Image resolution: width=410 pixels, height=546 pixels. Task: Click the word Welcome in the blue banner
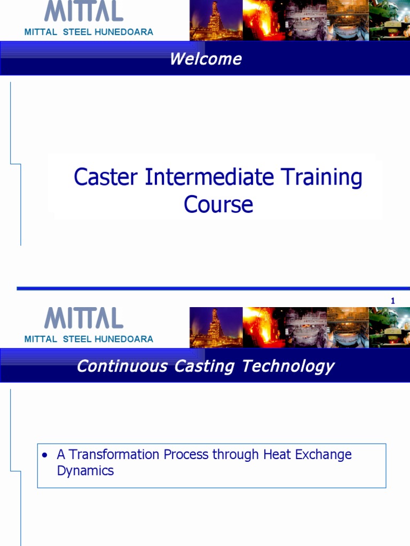(x=206, y=59)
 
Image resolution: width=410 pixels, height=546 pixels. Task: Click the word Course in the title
(x=218, y=204)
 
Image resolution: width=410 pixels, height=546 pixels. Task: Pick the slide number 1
(x=393, y=301)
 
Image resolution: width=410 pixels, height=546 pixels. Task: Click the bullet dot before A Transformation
(x=45, y=455)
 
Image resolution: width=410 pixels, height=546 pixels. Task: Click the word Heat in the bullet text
(x=275, y=455)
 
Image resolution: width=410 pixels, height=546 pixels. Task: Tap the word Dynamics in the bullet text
(x=85, y=471)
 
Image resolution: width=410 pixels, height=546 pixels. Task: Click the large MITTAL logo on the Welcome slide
(x=83, y=11)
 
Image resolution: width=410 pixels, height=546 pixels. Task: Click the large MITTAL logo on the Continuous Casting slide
(x=83, y=318)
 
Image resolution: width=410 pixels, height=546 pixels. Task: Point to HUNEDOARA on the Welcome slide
(x=124, y=32)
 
